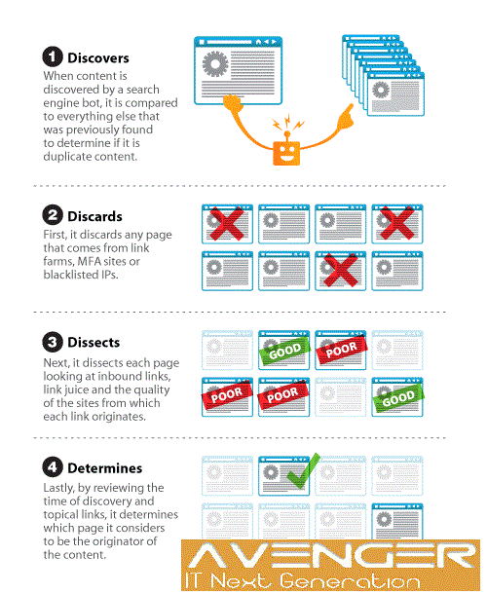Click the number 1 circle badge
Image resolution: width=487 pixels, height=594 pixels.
click(x=53, y=56)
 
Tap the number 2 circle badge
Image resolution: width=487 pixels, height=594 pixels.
click(x=53, y=215)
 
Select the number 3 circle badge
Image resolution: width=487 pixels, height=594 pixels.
click(x=53, y=342)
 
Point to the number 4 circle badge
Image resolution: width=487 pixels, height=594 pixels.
click(x=53, y=467)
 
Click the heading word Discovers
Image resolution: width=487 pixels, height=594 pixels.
click(x=98, y=58)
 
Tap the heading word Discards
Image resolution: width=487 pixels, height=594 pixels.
click(x=94, y=216)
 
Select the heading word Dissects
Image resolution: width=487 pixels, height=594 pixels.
click(x=94, y=343)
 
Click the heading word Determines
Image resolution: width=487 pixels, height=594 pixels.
click(x=104, y=468)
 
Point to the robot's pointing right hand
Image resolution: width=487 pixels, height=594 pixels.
click(x=346, y=116)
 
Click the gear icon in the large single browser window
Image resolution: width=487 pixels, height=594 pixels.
click(x=215, y=63)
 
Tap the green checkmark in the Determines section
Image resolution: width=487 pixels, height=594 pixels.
click(x=303, y=471)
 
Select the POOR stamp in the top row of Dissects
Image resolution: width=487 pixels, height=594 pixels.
click(x=342, y=350)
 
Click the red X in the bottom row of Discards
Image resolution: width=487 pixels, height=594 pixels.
click(x=340, y=270)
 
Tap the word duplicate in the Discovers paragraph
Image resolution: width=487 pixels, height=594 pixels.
click(x=67, y=157)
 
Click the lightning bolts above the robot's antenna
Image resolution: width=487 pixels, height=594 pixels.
click(x=288, y=123)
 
